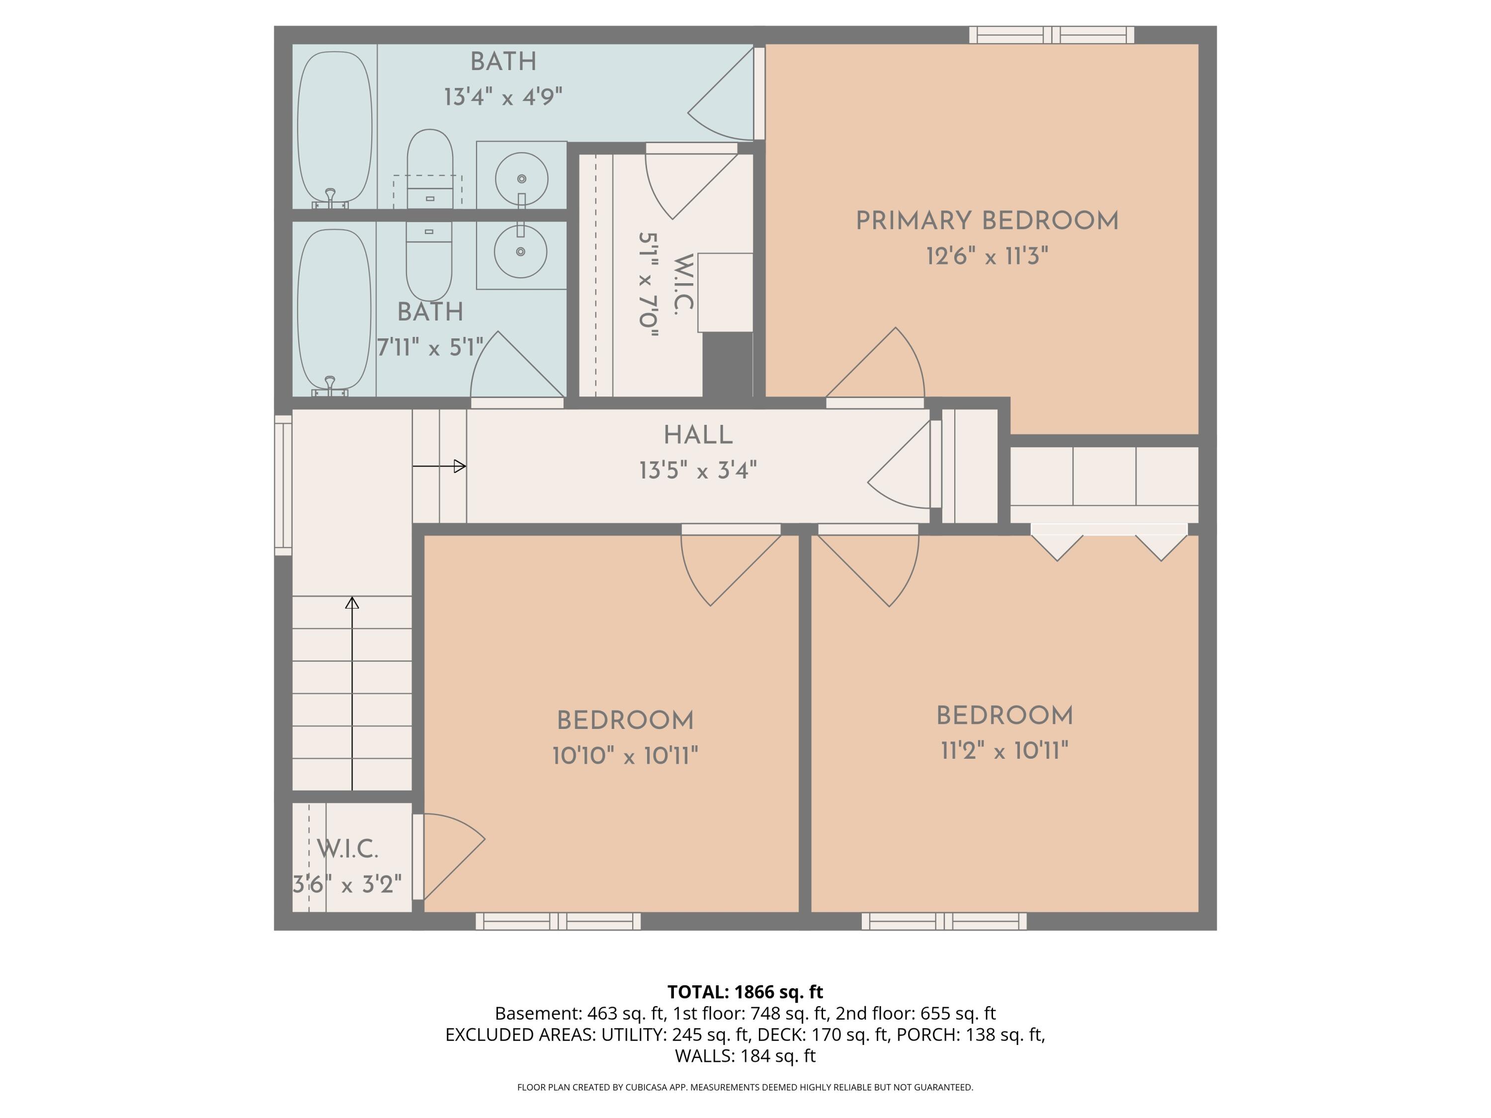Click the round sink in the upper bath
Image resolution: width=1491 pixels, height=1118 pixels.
(x=521, y=178)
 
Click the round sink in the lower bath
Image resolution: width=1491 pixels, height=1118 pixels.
(x=520, y=251)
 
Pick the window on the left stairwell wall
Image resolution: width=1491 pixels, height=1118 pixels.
(x=282, y=484)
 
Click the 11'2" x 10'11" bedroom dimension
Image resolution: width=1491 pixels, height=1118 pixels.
(x=1004, y=751)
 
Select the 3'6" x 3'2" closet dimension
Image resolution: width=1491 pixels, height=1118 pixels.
(x=347, y=883)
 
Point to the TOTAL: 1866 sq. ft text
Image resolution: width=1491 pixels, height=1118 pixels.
(x=745, y=992)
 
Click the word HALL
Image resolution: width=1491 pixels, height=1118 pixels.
(x=698, y=435)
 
